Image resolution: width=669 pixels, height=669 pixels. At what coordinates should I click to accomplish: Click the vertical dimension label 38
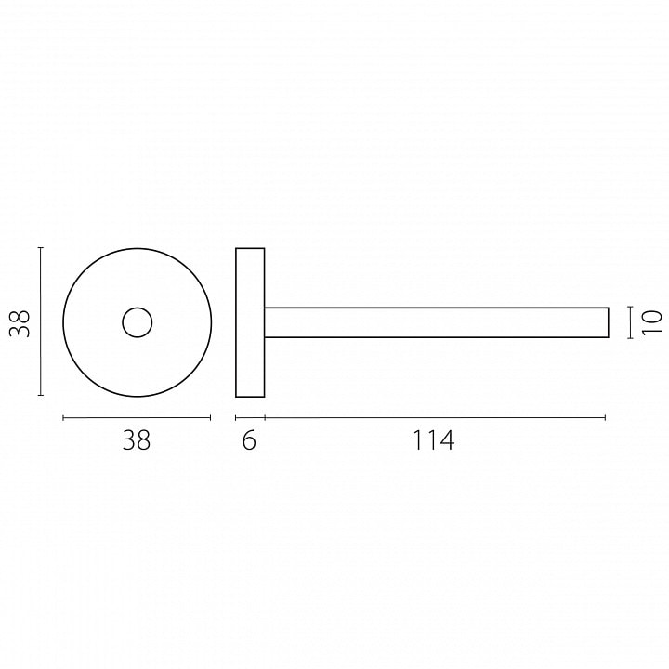[20, 324]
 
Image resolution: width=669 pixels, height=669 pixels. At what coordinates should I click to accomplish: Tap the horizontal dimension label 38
[137, 439]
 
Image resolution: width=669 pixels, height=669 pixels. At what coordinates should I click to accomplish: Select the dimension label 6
[249, 439]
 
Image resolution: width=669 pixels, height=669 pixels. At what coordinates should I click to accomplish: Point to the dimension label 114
[434, 439]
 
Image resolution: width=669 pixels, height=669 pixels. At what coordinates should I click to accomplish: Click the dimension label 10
[652, 322]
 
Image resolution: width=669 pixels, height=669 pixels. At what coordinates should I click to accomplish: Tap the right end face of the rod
[609, 322]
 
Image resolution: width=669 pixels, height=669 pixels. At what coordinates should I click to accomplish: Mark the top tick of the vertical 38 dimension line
[41, 247]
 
